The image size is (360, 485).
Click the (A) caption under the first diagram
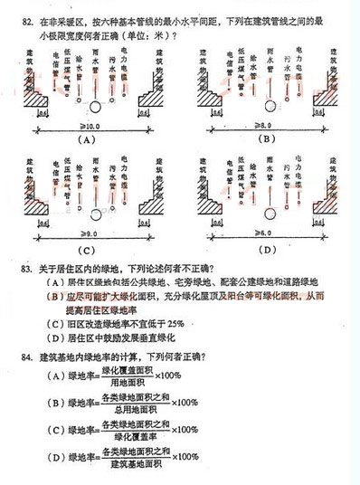point(88,141)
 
